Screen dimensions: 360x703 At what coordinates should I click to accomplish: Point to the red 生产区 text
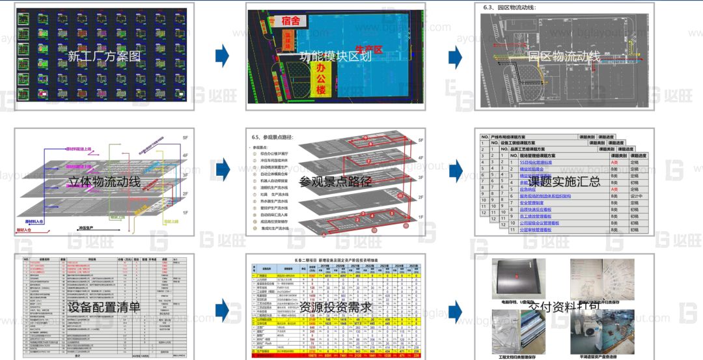[x=370, y=49]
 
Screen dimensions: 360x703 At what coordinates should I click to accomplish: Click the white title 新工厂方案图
[x=104, y=57]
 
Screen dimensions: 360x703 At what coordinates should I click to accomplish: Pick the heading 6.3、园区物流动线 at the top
[x=514, y=8]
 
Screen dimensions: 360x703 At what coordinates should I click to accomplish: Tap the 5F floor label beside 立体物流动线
[x=186, y=139]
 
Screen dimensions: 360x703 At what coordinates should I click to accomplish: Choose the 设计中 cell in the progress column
[x=636, y=196]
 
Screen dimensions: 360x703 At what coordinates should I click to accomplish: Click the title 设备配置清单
[x=104, y=307]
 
